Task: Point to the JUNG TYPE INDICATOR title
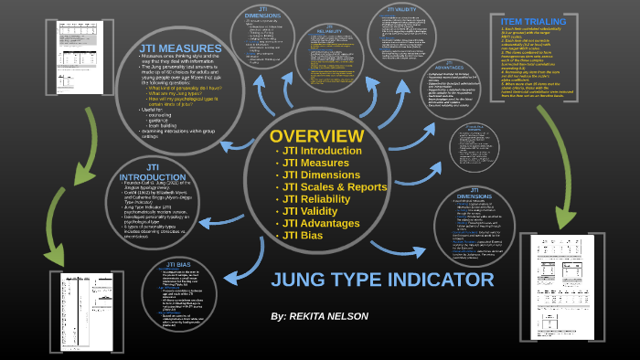pyautogui.click(x=382, y=280)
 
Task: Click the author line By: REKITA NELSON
pyautogui.click(x=320, y=316)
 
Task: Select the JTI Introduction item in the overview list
pyautogui.click(x=322, y=150)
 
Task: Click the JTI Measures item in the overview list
pyautogui.click(x=315, y=163)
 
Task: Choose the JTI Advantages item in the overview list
pyautogui.click(x=322, y=224)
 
